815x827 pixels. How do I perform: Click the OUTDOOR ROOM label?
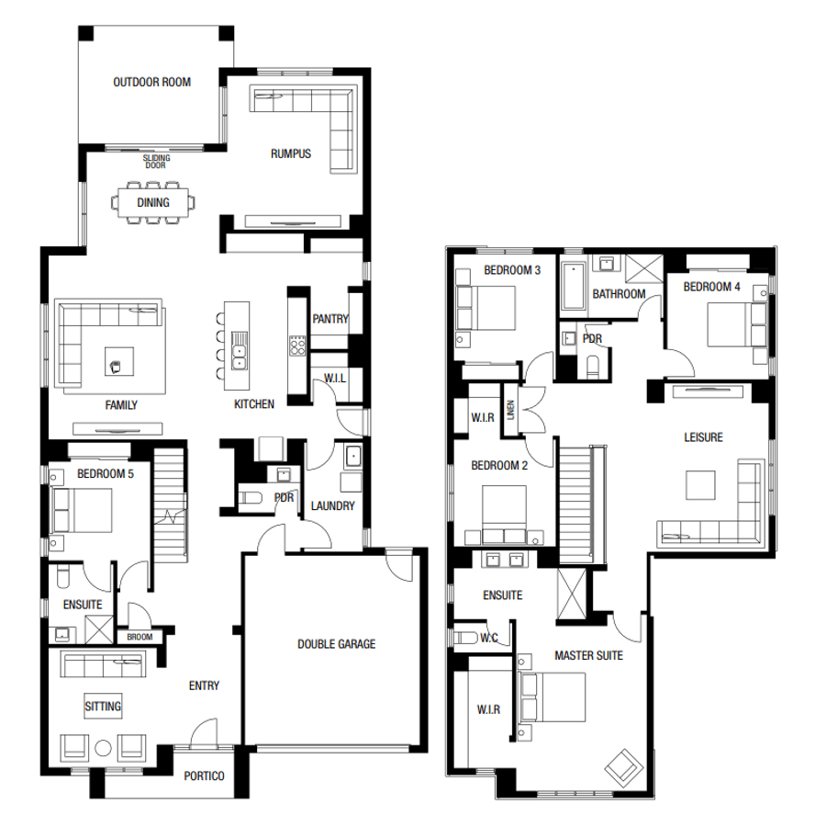[151, 82]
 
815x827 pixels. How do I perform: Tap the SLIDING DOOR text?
[155, 163]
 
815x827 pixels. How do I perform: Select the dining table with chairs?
[153, 203]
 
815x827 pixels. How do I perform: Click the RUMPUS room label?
[291, 153]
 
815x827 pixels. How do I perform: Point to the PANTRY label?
[329, 319]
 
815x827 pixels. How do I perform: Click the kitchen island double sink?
[240, 353]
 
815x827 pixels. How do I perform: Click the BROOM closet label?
[140, 636]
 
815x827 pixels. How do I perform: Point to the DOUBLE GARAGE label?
[336, 644]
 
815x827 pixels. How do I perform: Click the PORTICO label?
[204, 776]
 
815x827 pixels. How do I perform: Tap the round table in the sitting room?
[104, 746]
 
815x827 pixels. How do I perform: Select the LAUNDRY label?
[332, 505]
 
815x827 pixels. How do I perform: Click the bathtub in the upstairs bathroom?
[573, 286]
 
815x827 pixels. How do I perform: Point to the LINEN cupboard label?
[510, 411]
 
